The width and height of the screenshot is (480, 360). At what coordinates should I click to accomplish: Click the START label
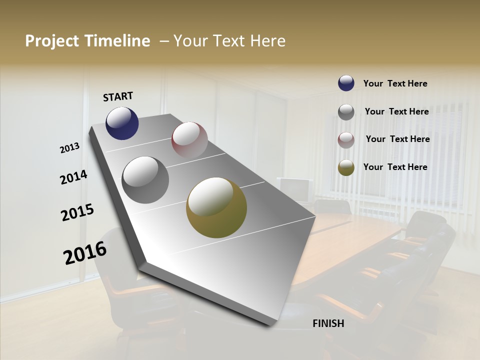click(118, 96)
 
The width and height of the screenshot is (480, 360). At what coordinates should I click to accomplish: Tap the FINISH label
click(328, 323)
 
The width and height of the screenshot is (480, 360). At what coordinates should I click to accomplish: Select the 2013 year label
click(70, 148)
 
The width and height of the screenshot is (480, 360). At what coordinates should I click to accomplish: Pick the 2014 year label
click(74, 177)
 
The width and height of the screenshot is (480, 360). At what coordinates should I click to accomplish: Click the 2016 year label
click(85, 253)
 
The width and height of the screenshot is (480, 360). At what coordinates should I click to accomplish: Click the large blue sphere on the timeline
click(122, 123)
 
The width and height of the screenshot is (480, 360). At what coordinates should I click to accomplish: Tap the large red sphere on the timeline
click(189, 140)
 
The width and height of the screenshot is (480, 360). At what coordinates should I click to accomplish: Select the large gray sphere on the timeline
click(145, 180)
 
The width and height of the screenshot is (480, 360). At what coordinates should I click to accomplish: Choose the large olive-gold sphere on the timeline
click(216, 207)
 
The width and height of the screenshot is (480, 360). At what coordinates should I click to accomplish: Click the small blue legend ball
click(346, 83)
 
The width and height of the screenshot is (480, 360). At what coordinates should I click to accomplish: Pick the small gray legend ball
click(346, 112)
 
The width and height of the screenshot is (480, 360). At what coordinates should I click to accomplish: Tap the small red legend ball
click(346, 140)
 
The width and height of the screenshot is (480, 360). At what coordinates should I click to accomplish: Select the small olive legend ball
click(346, 167)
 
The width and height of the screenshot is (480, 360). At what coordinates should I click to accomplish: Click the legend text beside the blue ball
click(395, 83)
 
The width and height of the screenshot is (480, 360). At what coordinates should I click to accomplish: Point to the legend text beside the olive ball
click(395, 167)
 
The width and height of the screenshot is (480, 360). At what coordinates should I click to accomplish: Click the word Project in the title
click(52, 41)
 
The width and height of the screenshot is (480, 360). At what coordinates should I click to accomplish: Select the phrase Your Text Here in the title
click(229, 41)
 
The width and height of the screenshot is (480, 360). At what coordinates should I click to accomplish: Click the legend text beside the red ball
click(397, 139)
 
